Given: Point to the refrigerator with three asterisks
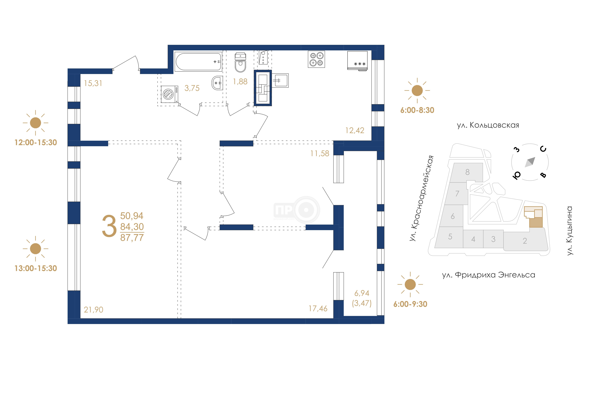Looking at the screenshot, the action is (x=357, y=61).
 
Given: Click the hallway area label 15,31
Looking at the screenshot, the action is (x=93, y=83).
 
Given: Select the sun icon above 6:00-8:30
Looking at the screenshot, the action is (x=417, y=91).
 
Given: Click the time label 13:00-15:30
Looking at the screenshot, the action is (x=36, y=268).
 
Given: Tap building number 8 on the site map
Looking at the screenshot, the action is (x=468, y=172).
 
